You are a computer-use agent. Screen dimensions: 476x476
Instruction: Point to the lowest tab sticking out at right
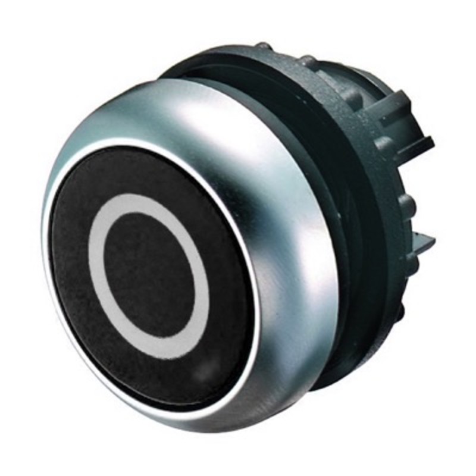point(424,243)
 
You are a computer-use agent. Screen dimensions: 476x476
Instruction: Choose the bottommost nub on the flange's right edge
point(400,311)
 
